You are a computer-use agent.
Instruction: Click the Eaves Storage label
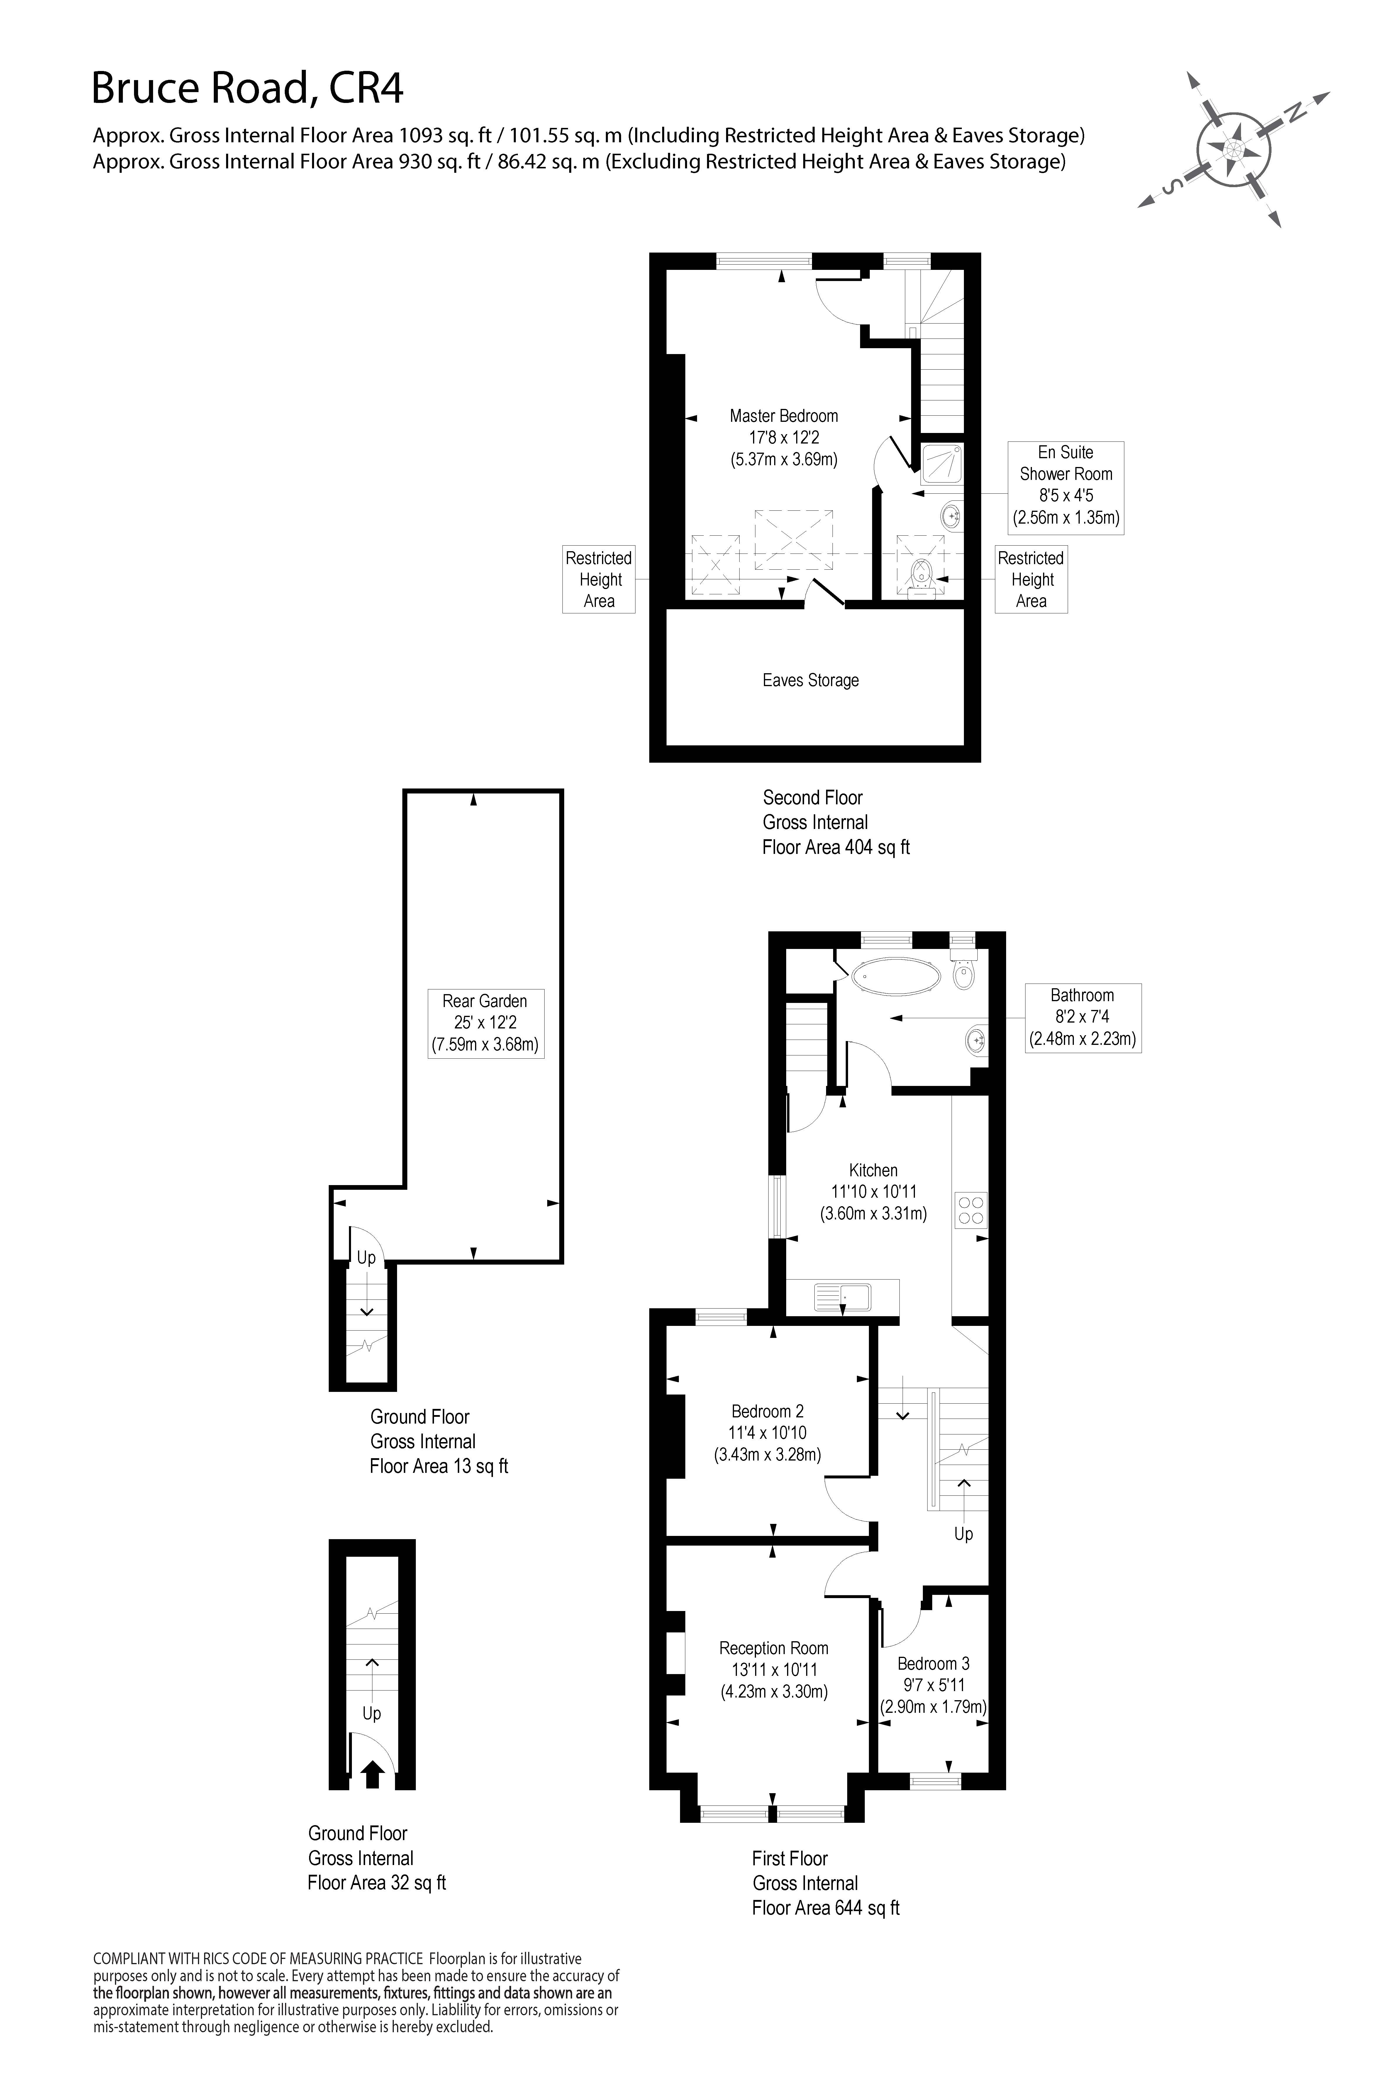(811, 680)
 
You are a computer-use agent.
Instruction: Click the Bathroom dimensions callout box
(1082, 1018)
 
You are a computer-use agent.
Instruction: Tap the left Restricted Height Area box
(599, 580)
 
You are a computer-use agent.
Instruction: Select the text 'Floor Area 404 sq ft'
(835, 847)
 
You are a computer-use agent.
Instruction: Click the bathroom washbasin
(977, 1041)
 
